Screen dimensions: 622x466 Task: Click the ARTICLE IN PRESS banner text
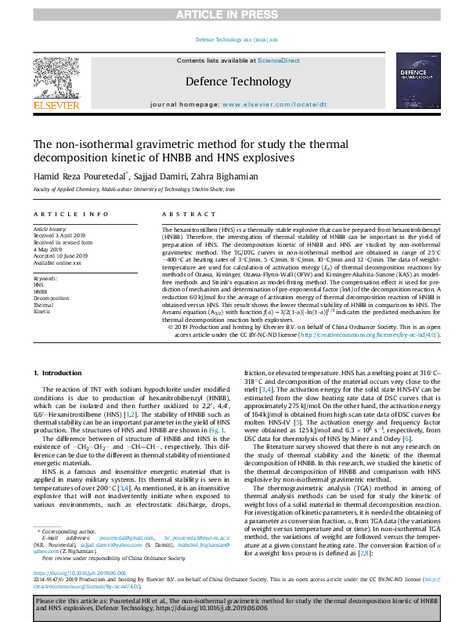coord(233,14)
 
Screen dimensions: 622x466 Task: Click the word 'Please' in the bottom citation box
coord(49,599)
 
